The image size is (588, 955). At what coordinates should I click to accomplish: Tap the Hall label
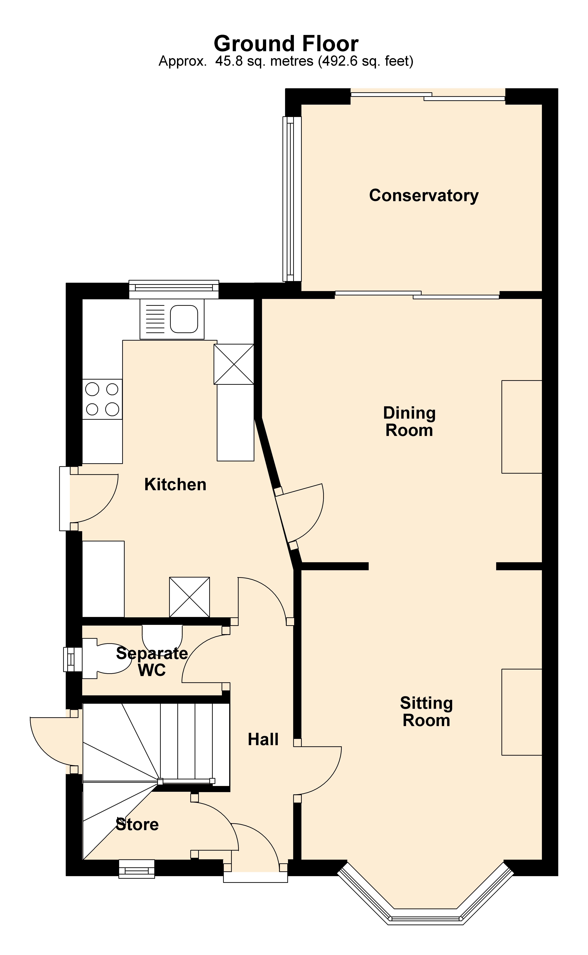pyautogui.click(x=263, y=739)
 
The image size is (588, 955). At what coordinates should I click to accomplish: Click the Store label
pyautogui.click(x=137, y=825)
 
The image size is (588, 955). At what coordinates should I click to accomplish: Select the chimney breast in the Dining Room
pyautogui.click(x=522, y=427)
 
